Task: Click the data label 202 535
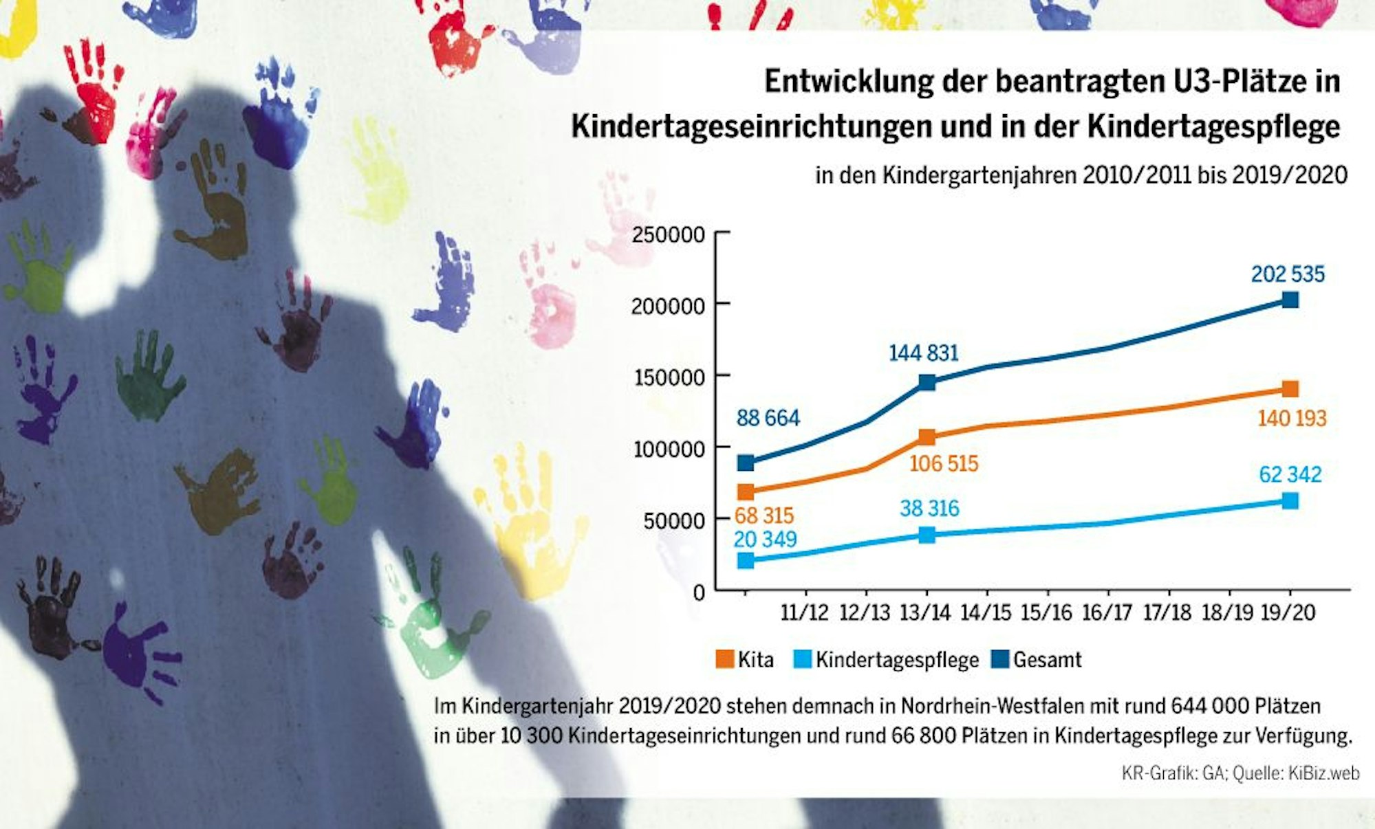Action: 1287,274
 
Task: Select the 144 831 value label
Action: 923,353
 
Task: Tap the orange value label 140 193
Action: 1292,418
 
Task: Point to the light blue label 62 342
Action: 1290,474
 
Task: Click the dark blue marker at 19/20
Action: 1290,300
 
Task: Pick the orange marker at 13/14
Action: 927,437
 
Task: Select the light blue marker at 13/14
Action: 927,535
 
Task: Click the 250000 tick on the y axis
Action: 668,235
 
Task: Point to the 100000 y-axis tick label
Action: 668,450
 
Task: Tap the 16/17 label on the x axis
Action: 1107,612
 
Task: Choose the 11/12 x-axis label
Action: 804,612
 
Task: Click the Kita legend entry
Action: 746,660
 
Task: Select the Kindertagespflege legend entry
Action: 887,660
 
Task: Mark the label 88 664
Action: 768,418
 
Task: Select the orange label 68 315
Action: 764,516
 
